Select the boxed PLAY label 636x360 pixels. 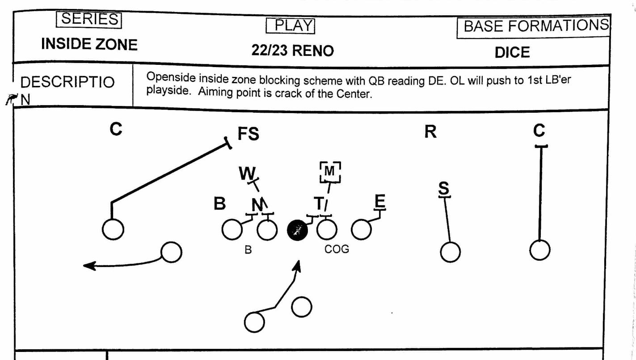click(291, 25)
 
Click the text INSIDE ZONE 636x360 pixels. click(89, 44)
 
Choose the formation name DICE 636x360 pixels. click(512, 52)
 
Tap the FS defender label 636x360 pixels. click(249, 134)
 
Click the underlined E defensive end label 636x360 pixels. click(379, 203)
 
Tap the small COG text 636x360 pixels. click(337, 250)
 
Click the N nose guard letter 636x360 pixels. click(257, 205)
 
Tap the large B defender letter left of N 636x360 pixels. click(219, 204)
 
